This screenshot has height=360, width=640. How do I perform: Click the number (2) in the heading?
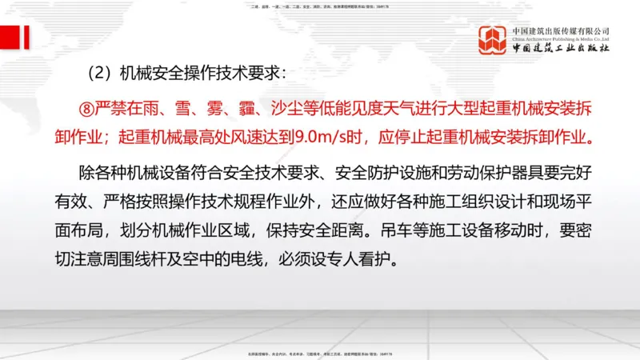(x=101, y=74)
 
